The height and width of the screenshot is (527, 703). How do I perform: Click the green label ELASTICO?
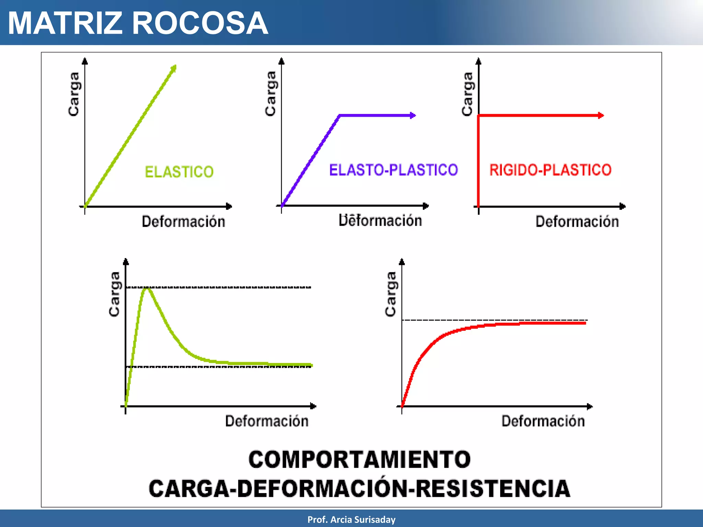[179, 172]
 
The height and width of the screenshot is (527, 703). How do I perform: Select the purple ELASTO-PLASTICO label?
[393, 170]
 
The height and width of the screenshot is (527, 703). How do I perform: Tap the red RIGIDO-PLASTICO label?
[550, 170]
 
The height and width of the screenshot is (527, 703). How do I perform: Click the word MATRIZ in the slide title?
[65, 23]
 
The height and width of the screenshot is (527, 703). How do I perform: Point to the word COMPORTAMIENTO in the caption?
[359, 459]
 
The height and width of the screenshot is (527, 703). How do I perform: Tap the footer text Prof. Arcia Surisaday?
[351, 519]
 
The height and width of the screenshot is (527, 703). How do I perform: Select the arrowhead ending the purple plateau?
[413, 116]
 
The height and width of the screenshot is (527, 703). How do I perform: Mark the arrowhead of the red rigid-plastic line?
[601, 116]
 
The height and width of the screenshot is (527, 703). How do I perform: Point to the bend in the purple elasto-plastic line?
[339, 116]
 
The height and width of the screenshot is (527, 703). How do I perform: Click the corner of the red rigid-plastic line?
[479, 116]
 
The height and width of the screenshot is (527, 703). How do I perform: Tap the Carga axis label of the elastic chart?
[74, 94]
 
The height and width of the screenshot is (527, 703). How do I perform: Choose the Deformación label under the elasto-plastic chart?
[380, 220]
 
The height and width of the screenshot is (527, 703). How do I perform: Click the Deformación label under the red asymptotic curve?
[543, 421]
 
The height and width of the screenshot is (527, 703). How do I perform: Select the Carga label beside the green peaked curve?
[114, 294]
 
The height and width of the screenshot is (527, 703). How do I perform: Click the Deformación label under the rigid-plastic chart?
[577, 222]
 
